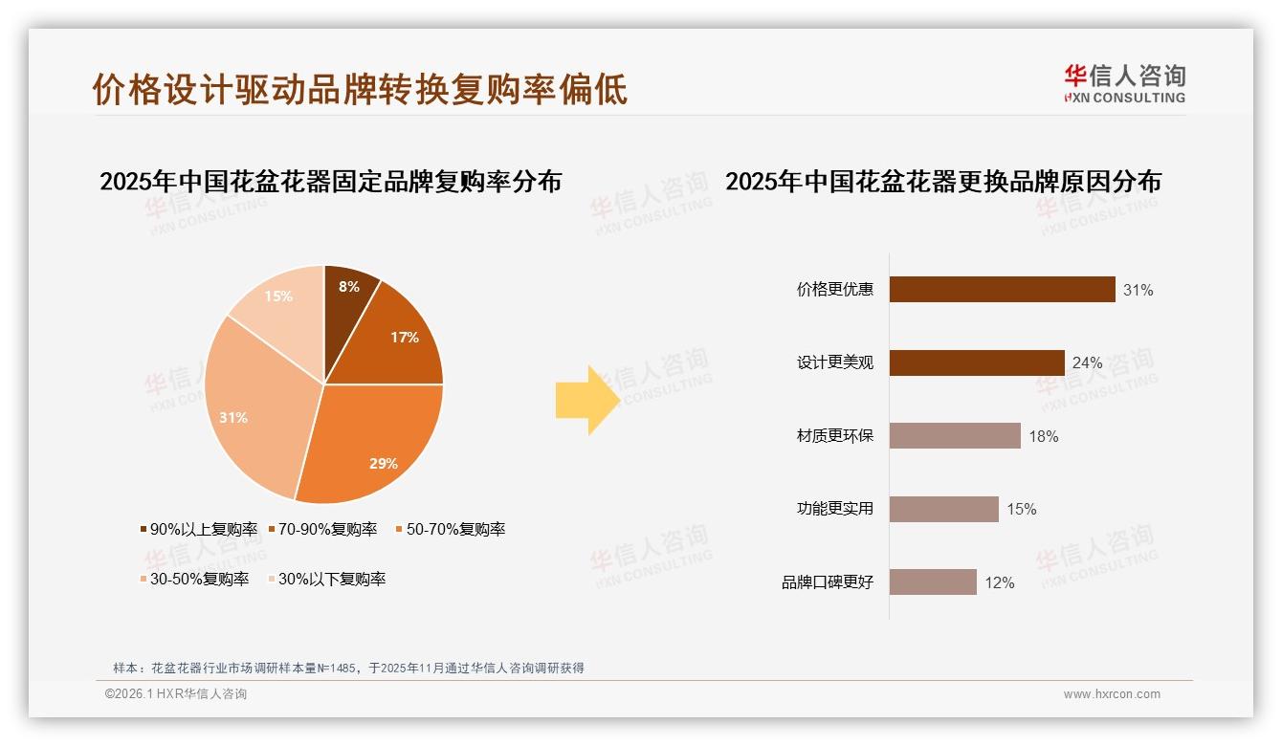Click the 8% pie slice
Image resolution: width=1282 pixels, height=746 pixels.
click(347, 296)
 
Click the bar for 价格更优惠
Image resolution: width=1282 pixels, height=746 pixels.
click(1002, 289)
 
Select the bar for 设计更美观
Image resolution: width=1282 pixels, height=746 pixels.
click(977, 362)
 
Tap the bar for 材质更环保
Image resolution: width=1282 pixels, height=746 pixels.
click(955, 436)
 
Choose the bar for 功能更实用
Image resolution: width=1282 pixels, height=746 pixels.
click(943, 509)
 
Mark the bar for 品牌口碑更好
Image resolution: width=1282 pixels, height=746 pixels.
click(933, 582)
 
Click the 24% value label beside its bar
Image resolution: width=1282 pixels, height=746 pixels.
click(1087, 363)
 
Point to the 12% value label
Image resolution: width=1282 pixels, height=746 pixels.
click(999, 582)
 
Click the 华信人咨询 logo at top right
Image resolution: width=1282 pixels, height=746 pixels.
click(1124, 84)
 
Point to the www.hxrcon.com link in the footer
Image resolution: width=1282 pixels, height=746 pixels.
click(1112, 694)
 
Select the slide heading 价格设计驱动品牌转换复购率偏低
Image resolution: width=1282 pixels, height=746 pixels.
click(360, 89)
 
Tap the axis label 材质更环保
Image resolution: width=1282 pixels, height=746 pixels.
click(834, 436)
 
